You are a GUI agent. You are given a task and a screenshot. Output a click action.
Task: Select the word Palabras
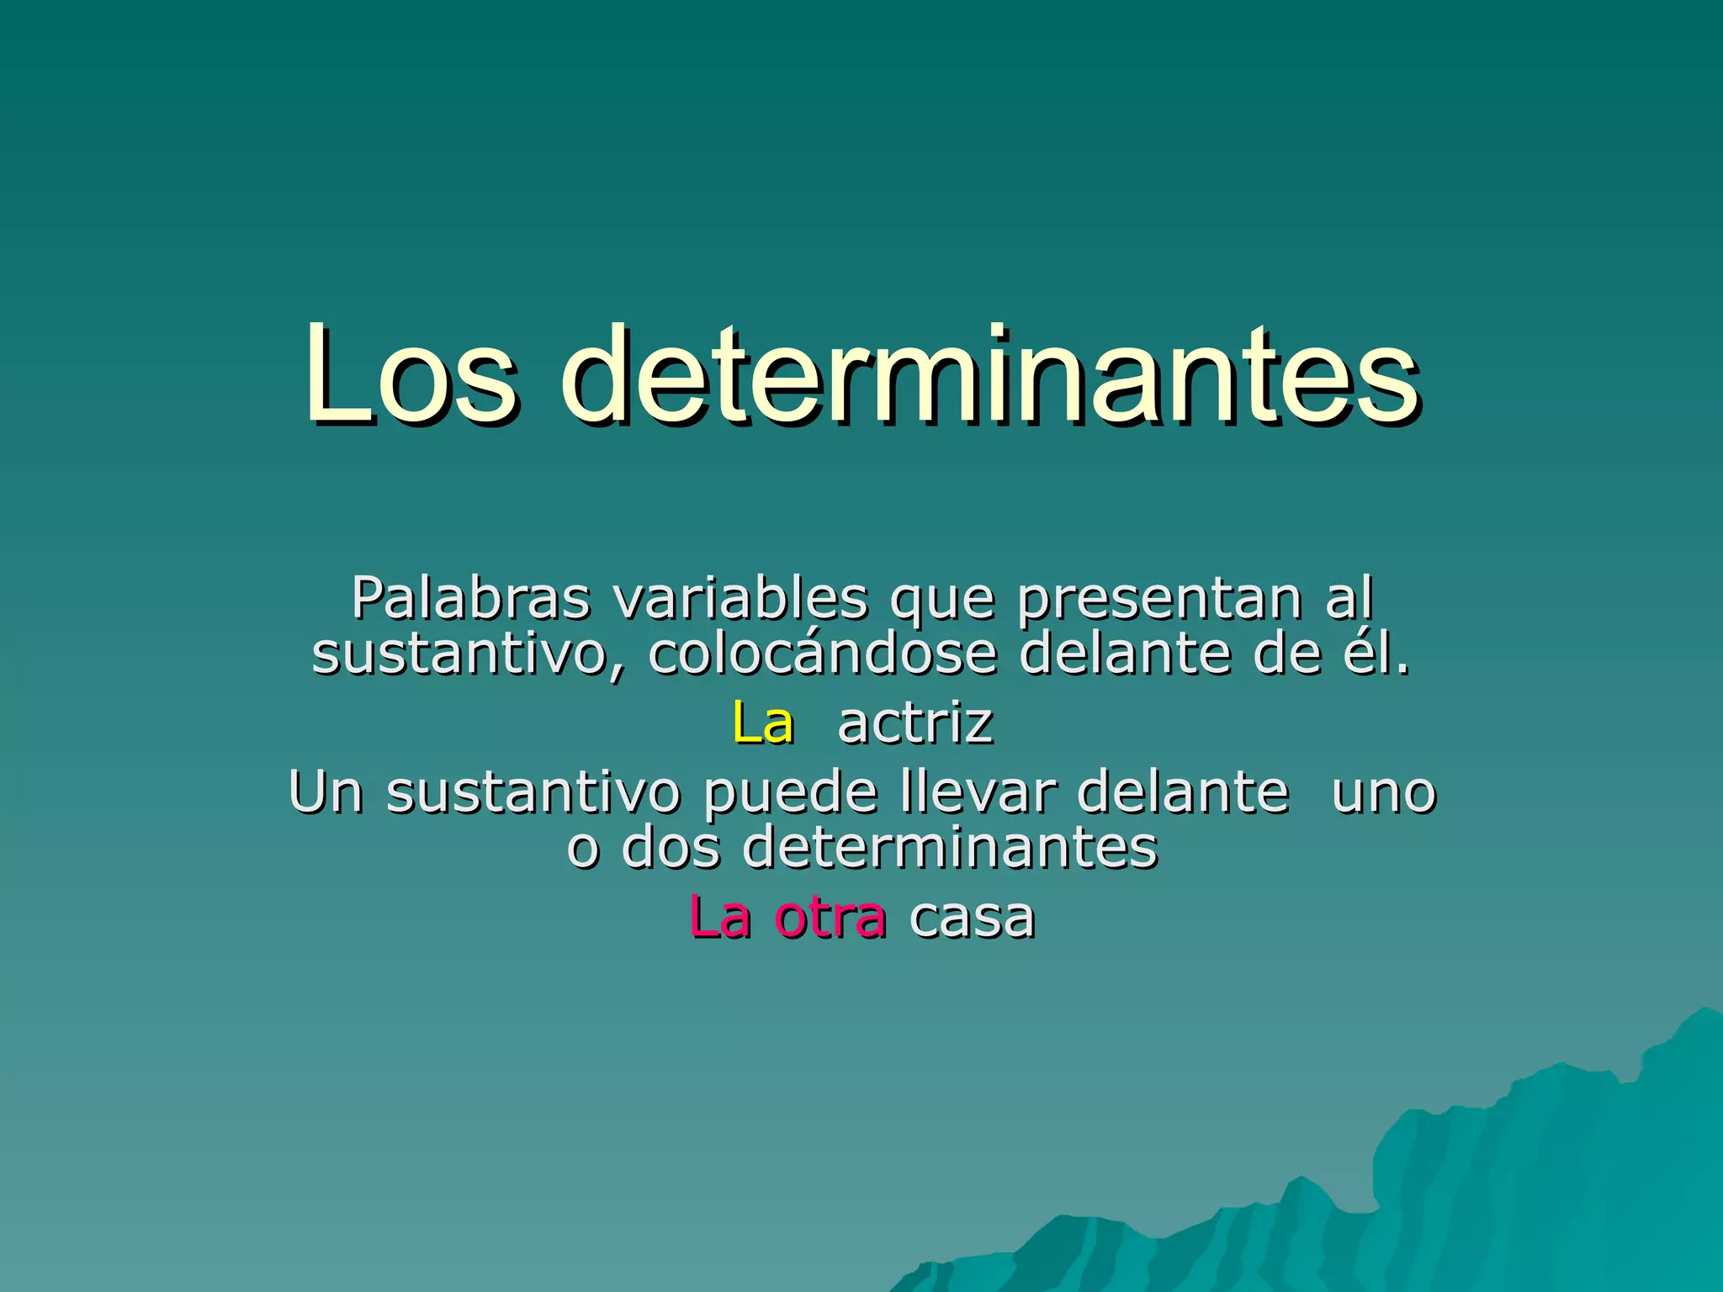470,599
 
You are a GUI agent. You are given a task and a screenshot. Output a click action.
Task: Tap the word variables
740,599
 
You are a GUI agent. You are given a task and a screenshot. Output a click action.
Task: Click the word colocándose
822,654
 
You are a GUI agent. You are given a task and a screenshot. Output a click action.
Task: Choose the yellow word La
762,723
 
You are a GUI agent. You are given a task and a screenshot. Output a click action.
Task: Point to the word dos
671,847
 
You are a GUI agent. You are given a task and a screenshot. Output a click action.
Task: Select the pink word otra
830,917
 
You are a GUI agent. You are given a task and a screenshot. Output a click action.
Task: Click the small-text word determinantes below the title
950,847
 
